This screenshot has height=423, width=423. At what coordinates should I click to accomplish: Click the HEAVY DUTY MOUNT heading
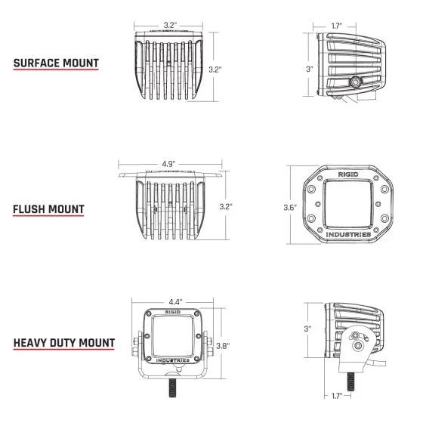64,343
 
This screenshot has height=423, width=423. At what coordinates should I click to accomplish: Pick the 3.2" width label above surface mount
170,26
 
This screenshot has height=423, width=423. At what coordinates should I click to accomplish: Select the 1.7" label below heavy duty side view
337,395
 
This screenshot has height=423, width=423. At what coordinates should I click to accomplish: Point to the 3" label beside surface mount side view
309,69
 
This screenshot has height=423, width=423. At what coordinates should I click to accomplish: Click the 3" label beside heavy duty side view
306,329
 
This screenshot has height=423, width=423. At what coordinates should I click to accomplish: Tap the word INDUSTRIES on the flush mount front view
347,235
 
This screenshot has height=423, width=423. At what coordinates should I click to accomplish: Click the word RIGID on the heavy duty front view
172,309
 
